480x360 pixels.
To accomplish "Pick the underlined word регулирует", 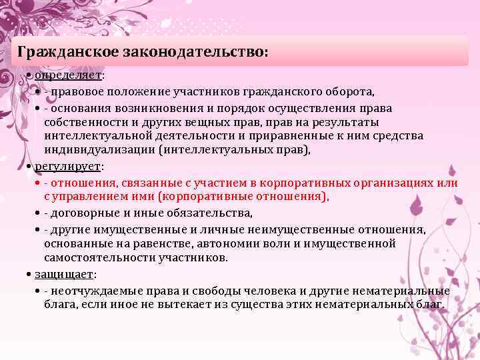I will (67, 166).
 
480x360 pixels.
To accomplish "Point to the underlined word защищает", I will (65, 274).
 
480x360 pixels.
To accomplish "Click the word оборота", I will (351, 91).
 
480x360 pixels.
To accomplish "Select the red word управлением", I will (86, 197).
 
